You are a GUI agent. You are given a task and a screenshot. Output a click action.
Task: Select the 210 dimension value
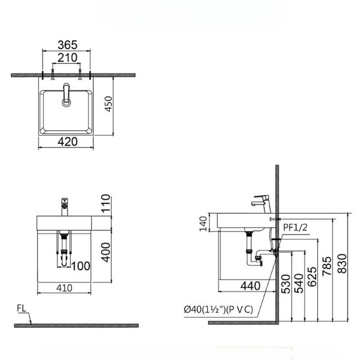(67, 58)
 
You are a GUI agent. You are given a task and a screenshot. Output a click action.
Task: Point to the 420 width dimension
(67, 142)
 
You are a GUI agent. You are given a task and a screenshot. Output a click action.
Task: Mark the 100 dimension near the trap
(82, 266)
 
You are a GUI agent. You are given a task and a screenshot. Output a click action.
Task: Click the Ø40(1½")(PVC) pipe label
(221, 309)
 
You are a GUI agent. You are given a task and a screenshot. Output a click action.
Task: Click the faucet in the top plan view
(65, 95)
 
